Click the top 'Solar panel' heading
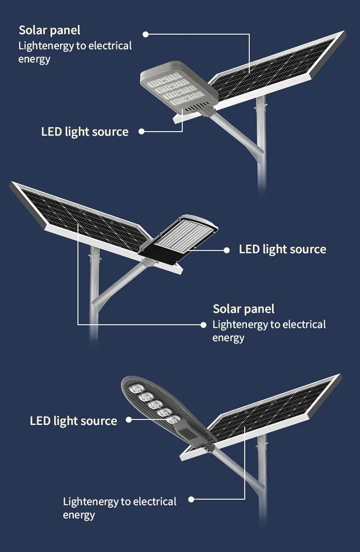pyautogui.click(x=50, y=31)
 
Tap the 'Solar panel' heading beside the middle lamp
pyautogui.click(x=244, y=309)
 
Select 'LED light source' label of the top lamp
pyautogui.click(x=85, y=132)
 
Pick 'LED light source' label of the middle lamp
pyautogui.click(x=283, y=250)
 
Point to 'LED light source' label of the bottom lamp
pyautogui.click(x=73, y=421)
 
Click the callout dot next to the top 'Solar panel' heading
pyautogui.click(x=146, y=34)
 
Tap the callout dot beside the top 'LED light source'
pyautogui.click(x=142, y=131)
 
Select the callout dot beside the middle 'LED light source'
pyautogui.click(x=226, y=250)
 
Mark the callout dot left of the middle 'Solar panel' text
pyautogui.click(x=203, y=325)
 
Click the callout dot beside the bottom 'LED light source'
pyautogui.click(x=129, y=419)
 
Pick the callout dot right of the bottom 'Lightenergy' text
pyautogui.click(x=191, y=499)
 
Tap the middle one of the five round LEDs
pyautogui.click(x=155, y=404)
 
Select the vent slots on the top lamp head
pyautogui.click(x=197, y=107)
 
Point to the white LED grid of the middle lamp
pyautogui.click(x=185, y=236)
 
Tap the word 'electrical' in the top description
pyautogui.click(x=110, y=46)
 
